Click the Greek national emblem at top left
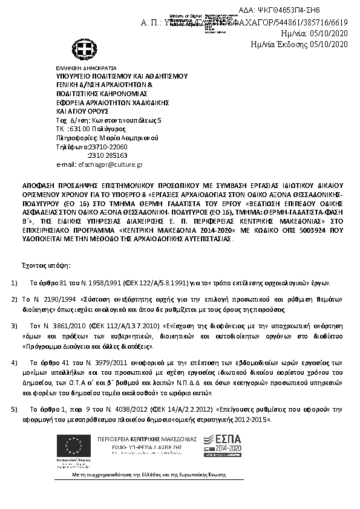[x=82, y=49]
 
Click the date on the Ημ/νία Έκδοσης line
[x=329, y=44]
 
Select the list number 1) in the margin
[x=14, y=283]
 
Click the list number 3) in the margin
[x=14, y=326]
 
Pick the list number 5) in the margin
[x=14, y=409]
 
